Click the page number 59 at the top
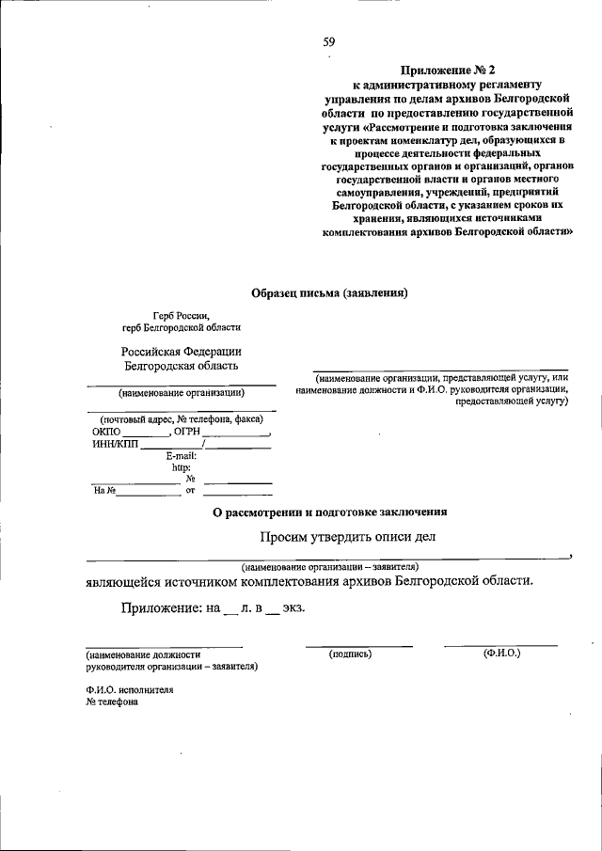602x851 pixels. [x=329, y=40]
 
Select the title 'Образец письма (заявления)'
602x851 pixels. [x=329, y=292]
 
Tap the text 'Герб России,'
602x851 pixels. [x=182, y=315]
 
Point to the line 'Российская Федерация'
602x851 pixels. [x=182, y=351]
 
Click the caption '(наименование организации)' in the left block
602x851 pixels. [x=182, y=393]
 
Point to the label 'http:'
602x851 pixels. [x=182, y=467]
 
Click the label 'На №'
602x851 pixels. [x=103, y=490]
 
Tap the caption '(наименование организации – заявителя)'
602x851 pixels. [x=329, y=567]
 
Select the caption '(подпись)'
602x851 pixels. [x=351, y=653]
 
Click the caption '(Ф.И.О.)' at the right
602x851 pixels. [x=501, y=652]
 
